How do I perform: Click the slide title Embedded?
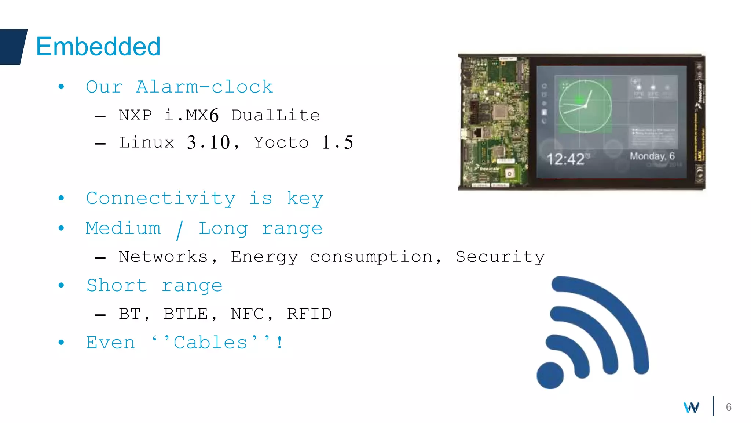(x=98, y=47)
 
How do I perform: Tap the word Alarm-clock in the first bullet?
(x=204, y=87)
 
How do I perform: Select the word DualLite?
(x=276, y=115)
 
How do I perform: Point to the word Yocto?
(x=281, y=142)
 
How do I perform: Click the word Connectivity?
(x=161, y=199)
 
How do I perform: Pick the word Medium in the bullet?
(x=123, y=228)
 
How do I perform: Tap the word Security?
(x=500, y=257)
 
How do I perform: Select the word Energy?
(x=264, y=257)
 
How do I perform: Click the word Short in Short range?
(x=117, y=286)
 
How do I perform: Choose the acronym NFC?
(x=248, y=314)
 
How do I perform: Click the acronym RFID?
(x=309, y=314)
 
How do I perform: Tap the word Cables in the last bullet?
(x=210, y=343)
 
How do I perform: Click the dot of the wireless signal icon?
(x=550, y=375)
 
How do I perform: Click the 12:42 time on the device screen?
(x=565, y=159)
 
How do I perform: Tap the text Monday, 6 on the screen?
(x=652, y=156)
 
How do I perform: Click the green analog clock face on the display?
(x=585, y=106)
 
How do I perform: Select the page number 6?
(x=729, y=407)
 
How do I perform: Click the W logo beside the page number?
(x=692, y=407)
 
